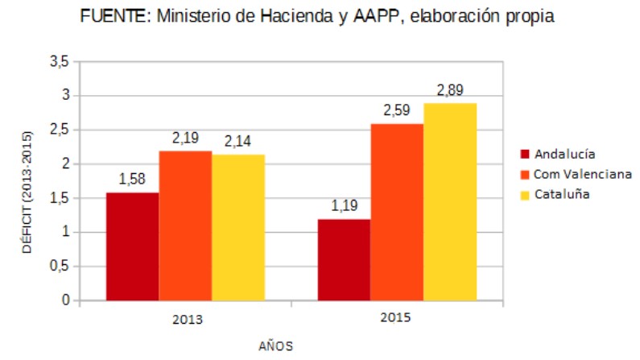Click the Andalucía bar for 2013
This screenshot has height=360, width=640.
pos(132,246)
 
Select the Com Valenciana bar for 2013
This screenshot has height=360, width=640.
pos(185,226)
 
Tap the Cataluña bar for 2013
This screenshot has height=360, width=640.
pos(238,227)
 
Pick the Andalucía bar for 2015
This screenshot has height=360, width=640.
pos(344,259)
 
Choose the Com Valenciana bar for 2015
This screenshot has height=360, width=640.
pos(397,212)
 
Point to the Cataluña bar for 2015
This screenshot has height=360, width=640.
pos(450,201)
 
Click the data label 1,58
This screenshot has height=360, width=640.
pos(132,179)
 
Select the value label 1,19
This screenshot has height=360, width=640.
pos(344,205)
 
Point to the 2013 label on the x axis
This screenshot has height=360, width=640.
pos(187,319)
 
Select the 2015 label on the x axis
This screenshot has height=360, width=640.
pos(395,317)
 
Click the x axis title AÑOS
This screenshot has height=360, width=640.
pos(275,346)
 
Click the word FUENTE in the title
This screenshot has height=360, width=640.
pos(113,15)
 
